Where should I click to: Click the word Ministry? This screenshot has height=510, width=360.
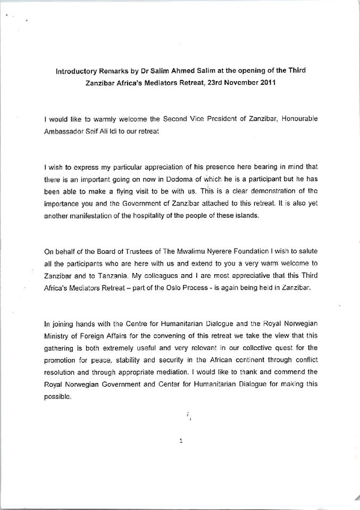(x=56, y=335)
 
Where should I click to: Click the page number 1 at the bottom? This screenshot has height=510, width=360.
(x=181, y=440)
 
